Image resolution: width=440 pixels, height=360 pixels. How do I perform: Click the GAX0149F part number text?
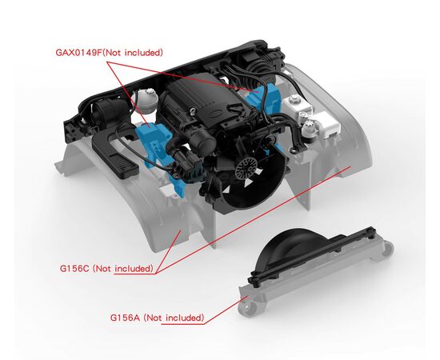coord(79,53)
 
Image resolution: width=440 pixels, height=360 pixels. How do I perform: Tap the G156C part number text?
coord(74,269)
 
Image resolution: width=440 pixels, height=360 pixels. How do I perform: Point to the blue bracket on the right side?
coord(264,97)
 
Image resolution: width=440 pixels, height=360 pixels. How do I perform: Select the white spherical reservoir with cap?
coord(146,101)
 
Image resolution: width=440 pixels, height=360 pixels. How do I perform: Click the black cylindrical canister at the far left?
coord(106,112)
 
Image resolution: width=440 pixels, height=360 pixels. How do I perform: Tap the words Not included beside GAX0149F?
coord(133,53)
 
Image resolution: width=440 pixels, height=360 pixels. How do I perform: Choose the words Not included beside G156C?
coord(123,269)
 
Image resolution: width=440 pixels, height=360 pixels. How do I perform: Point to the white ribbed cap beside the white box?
coord(309,129)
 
